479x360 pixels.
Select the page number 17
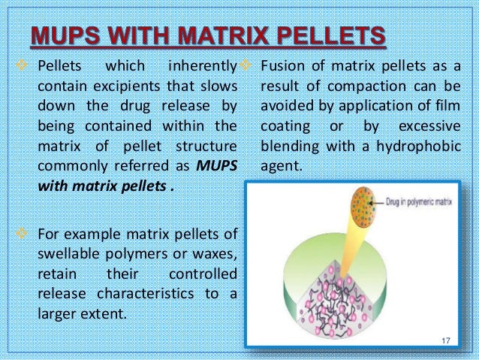[446, 342]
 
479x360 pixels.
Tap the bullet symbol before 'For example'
[20, 234]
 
